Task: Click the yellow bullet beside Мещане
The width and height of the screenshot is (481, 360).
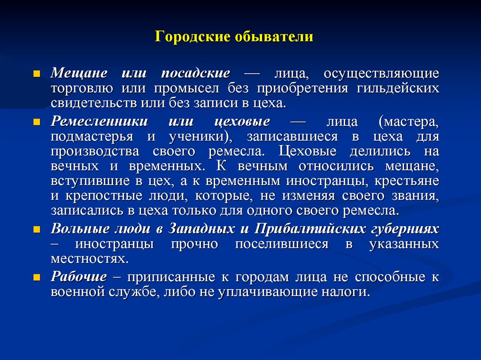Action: coord(37,74)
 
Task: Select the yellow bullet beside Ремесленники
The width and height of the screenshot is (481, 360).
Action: coord(37,122)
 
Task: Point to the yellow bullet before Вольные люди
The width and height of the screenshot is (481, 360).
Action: coord(37,230)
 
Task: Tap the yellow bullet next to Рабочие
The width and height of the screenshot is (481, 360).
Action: coord(37,277)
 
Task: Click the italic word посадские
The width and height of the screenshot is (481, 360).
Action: coord(195,74)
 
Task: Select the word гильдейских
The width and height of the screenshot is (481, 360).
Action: coord(398,88)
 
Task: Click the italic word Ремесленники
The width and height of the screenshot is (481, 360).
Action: coord(99,122)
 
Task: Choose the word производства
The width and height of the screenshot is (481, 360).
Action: coord(95,152)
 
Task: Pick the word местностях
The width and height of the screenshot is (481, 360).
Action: coord(88,259)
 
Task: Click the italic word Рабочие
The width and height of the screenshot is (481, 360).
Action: coord(78,277)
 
